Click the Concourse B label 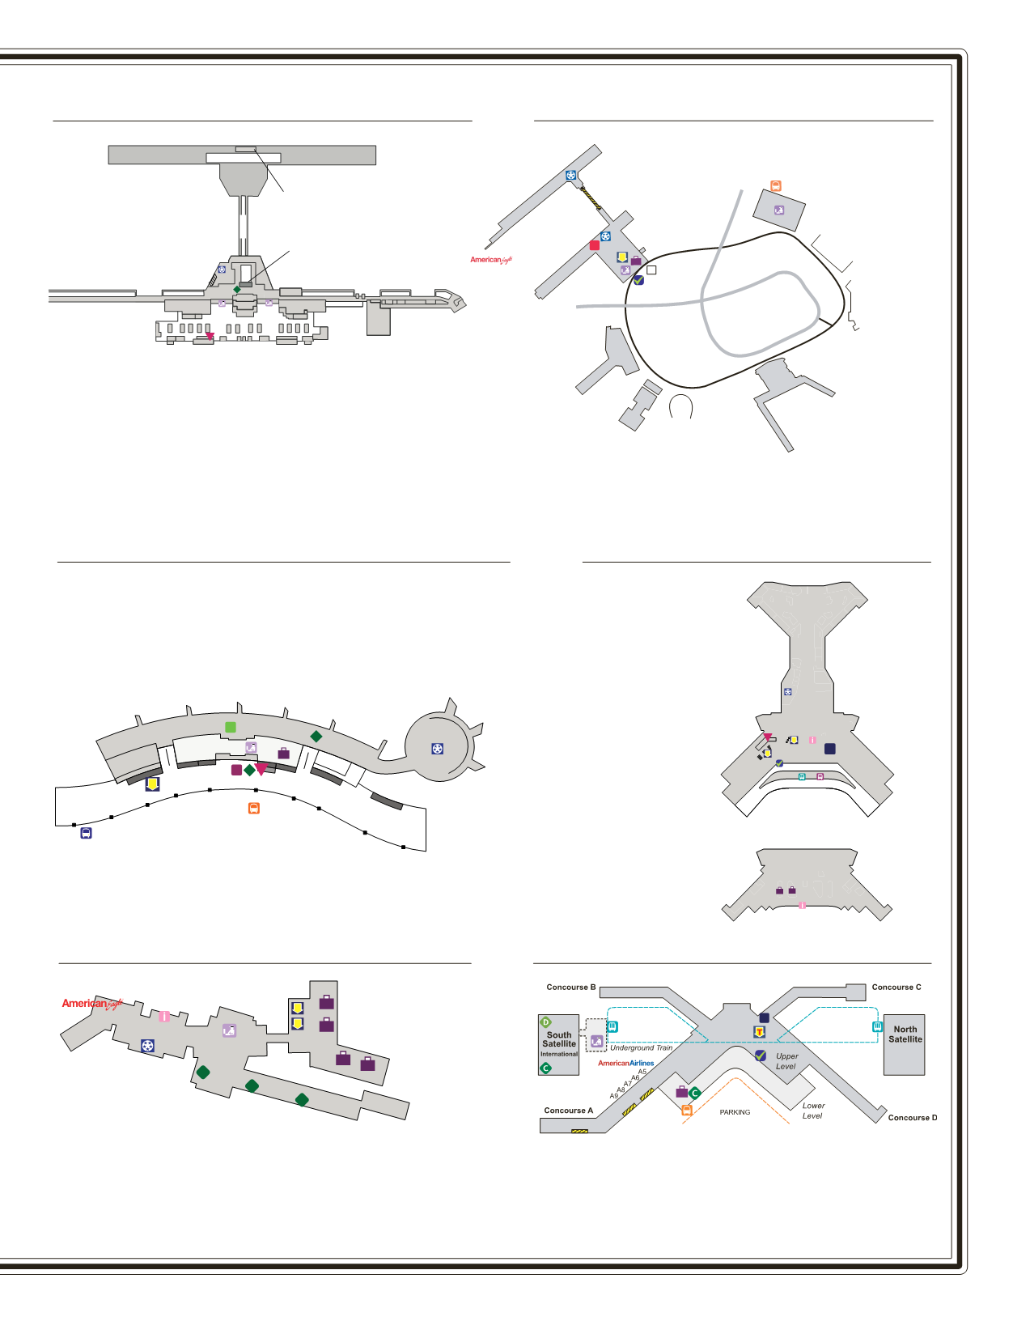point(570,988)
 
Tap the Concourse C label point(896,988)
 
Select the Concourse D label point(912,1118)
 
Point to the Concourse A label point(568,1111)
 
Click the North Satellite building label point(905,1034)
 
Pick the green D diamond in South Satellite point(546,1022)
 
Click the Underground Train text point(641,1047)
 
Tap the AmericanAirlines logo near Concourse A point(625,1063)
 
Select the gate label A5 point(642,1072)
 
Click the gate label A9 point(614,1096)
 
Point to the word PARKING point(735,1112)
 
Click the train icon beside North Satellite point(877,1026)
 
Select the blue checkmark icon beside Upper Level point(760,1056)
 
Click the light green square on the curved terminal point(231,727)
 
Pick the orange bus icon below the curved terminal point(253,808)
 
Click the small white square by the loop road point(651,270)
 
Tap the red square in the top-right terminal point(595,245)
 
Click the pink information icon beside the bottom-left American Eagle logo point(164,1017)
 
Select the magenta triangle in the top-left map point(210,336)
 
